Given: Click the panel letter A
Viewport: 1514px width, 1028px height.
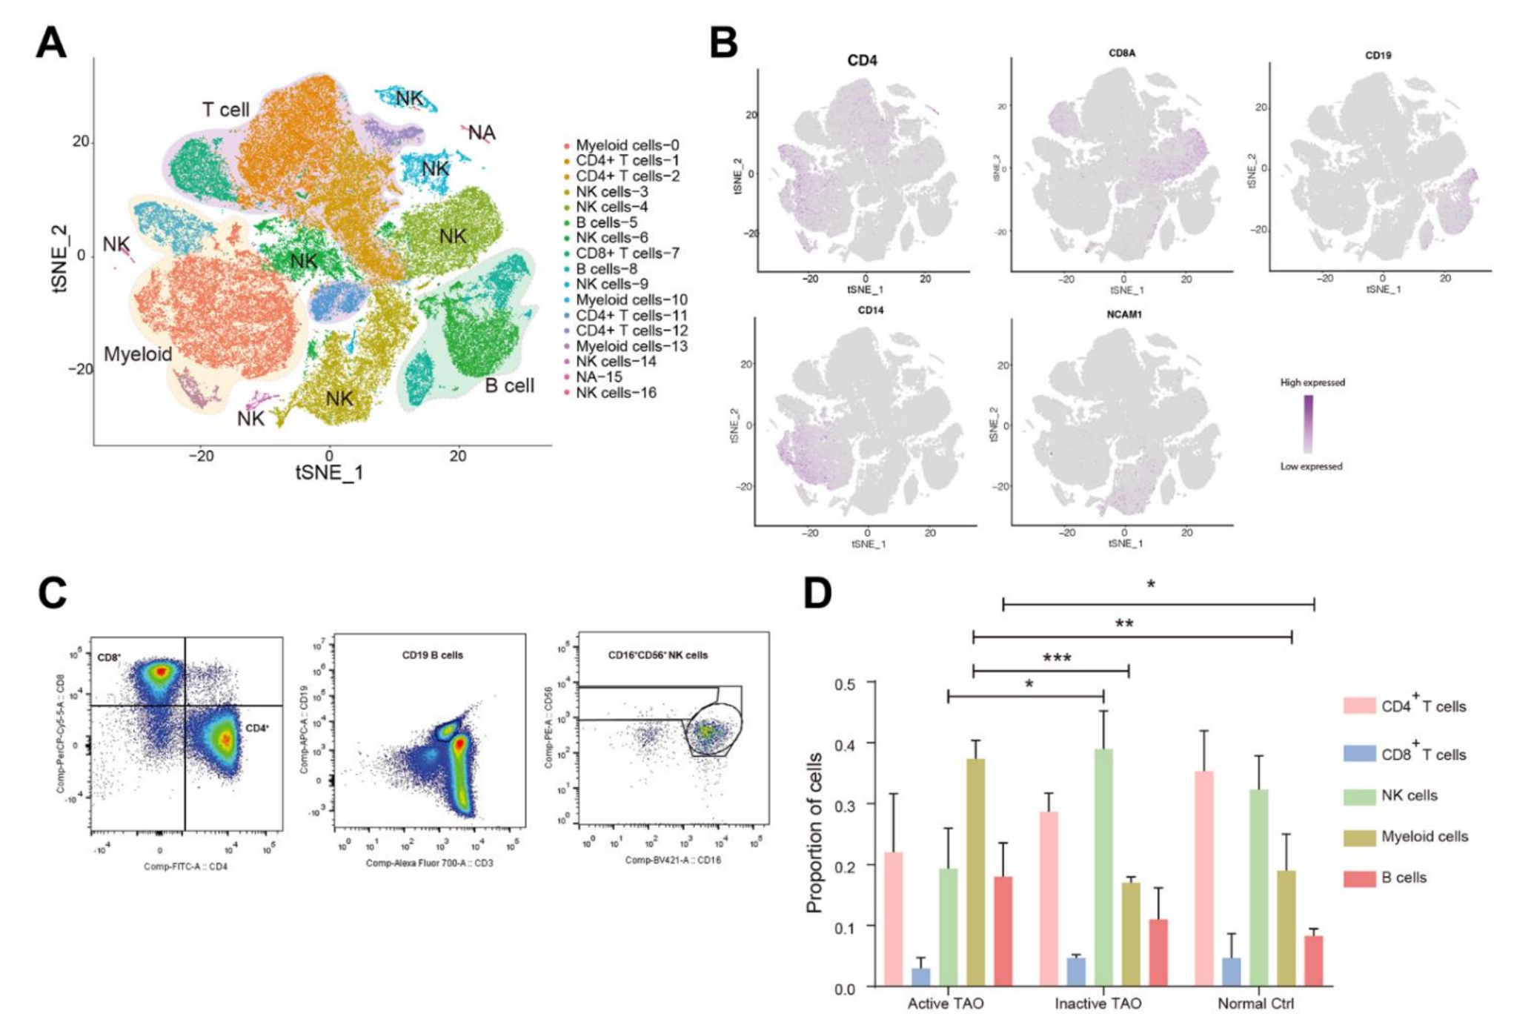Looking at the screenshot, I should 51,43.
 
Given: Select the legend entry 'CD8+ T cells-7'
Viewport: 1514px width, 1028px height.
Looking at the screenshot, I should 627,253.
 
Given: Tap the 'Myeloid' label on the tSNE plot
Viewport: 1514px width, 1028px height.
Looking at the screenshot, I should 138,354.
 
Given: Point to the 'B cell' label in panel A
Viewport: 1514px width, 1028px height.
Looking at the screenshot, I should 509,385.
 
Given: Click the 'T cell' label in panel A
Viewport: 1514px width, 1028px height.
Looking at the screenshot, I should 225,110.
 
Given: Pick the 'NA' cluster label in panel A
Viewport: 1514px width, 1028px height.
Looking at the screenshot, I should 482,133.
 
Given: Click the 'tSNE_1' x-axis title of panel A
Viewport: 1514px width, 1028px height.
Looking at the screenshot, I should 329,472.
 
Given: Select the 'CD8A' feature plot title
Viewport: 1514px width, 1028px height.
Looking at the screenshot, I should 1121,53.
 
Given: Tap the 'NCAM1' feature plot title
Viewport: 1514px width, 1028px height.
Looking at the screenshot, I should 1123,314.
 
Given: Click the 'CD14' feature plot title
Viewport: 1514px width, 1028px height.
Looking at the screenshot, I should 870,311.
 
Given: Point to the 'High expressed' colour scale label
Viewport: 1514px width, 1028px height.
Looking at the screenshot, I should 1312,382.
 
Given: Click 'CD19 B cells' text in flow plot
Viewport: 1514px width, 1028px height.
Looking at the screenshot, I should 432,655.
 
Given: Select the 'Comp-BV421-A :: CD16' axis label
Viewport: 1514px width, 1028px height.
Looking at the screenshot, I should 672,860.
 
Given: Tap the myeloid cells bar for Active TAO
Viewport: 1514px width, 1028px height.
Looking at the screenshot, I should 975,872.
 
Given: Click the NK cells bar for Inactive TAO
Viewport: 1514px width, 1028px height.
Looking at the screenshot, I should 1103,867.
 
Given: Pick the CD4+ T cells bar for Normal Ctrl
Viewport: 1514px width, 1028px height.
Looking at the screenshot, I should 1204,878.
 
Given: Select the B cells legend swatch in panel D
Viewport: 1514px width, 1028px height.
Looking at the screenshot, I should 1359,878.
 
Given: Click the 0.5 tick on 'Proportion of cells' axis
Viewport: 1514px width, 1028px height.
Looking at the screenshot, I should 845,683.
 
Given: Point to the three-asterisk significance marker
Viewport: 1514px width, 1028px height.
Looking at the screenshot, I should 1057,658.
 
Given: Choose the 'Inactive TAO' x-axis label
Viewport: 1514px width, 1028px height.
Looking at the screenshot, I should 1098,1004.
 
